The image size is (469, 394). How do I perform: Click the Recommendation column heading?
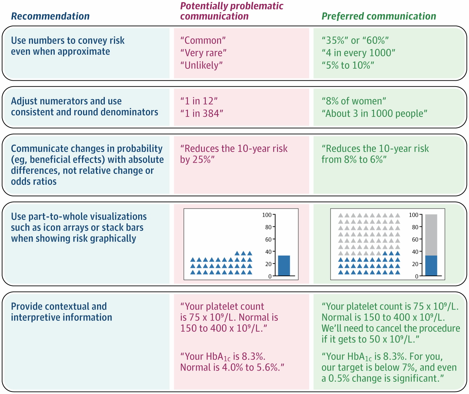50,16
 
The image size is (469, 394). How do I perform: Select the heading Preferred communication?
379,16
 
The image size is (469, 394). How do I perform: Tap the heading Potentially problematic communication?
231,11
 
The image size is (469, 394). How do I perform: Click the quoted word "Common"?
203,40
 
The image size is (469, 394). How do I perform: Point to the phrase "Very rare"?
203,53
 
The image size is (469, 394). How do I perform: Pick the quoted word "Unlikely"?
202,65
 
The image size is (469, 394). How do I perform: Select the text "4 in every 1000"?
358,53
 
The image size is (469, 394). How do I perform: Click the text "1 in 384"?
202,114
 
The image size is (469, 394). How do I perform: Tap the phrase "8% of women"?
354,101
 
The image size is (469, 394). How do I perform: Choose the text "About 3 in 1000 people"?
374,114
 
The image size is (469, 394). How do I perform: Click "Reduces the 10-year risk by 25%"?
233,154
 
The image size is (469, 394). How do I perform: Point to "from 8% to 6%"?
354,159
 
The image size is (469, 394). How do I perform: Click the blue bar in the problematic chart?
284,265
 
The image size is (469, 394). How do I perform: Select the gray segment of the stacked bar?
431,235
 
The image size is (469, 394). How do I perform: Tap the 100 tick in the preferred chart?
414,215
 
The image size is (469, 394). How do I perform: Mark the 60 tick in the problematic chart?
268,239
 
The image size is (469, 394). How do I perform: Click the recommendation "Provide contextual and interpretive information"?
61,312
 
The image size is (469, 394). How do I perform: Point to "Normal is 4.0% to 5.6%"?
232,367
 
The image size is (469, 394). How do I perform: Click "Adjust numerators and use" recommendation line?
66,101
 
